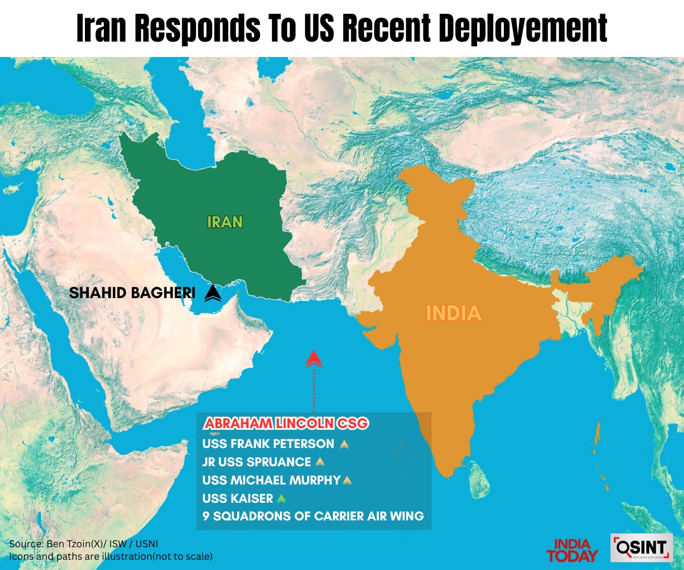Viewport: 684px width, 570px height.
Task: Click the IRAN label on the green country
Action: coord(225,221)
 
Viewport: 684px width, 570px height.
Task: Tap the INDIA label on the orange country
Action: coord(454,313)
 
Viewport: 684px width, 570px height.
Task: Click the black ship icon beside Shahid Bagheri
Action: coord(213,293)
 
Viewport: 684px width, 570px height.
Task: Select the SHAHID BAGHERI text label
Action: coord(132,294)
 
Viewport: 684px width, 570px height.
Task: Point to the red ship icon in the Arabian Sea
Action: coord(314,359)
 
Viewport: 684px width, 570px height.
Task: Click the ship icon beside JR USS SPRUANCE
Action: coord(320,462)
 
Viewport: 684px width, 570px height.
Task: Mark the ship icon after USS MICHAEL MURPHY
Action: coord(348,481)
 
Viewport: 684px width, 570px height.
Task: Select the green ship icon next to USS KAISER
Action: coord(281,499)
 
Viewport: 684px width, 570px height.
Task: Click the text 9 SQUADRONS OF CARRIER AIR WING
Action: coord(313,516)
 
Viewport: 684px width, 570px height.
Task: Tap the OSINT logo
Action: coord(641,548)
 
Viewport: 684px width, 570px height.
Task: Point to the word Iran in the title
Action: coord(103,28)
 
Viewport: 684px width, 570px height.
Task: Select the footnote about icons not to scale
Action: coord(111,556)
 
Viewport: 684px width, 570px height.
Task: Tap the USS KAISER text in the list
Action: coord(238,499)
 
